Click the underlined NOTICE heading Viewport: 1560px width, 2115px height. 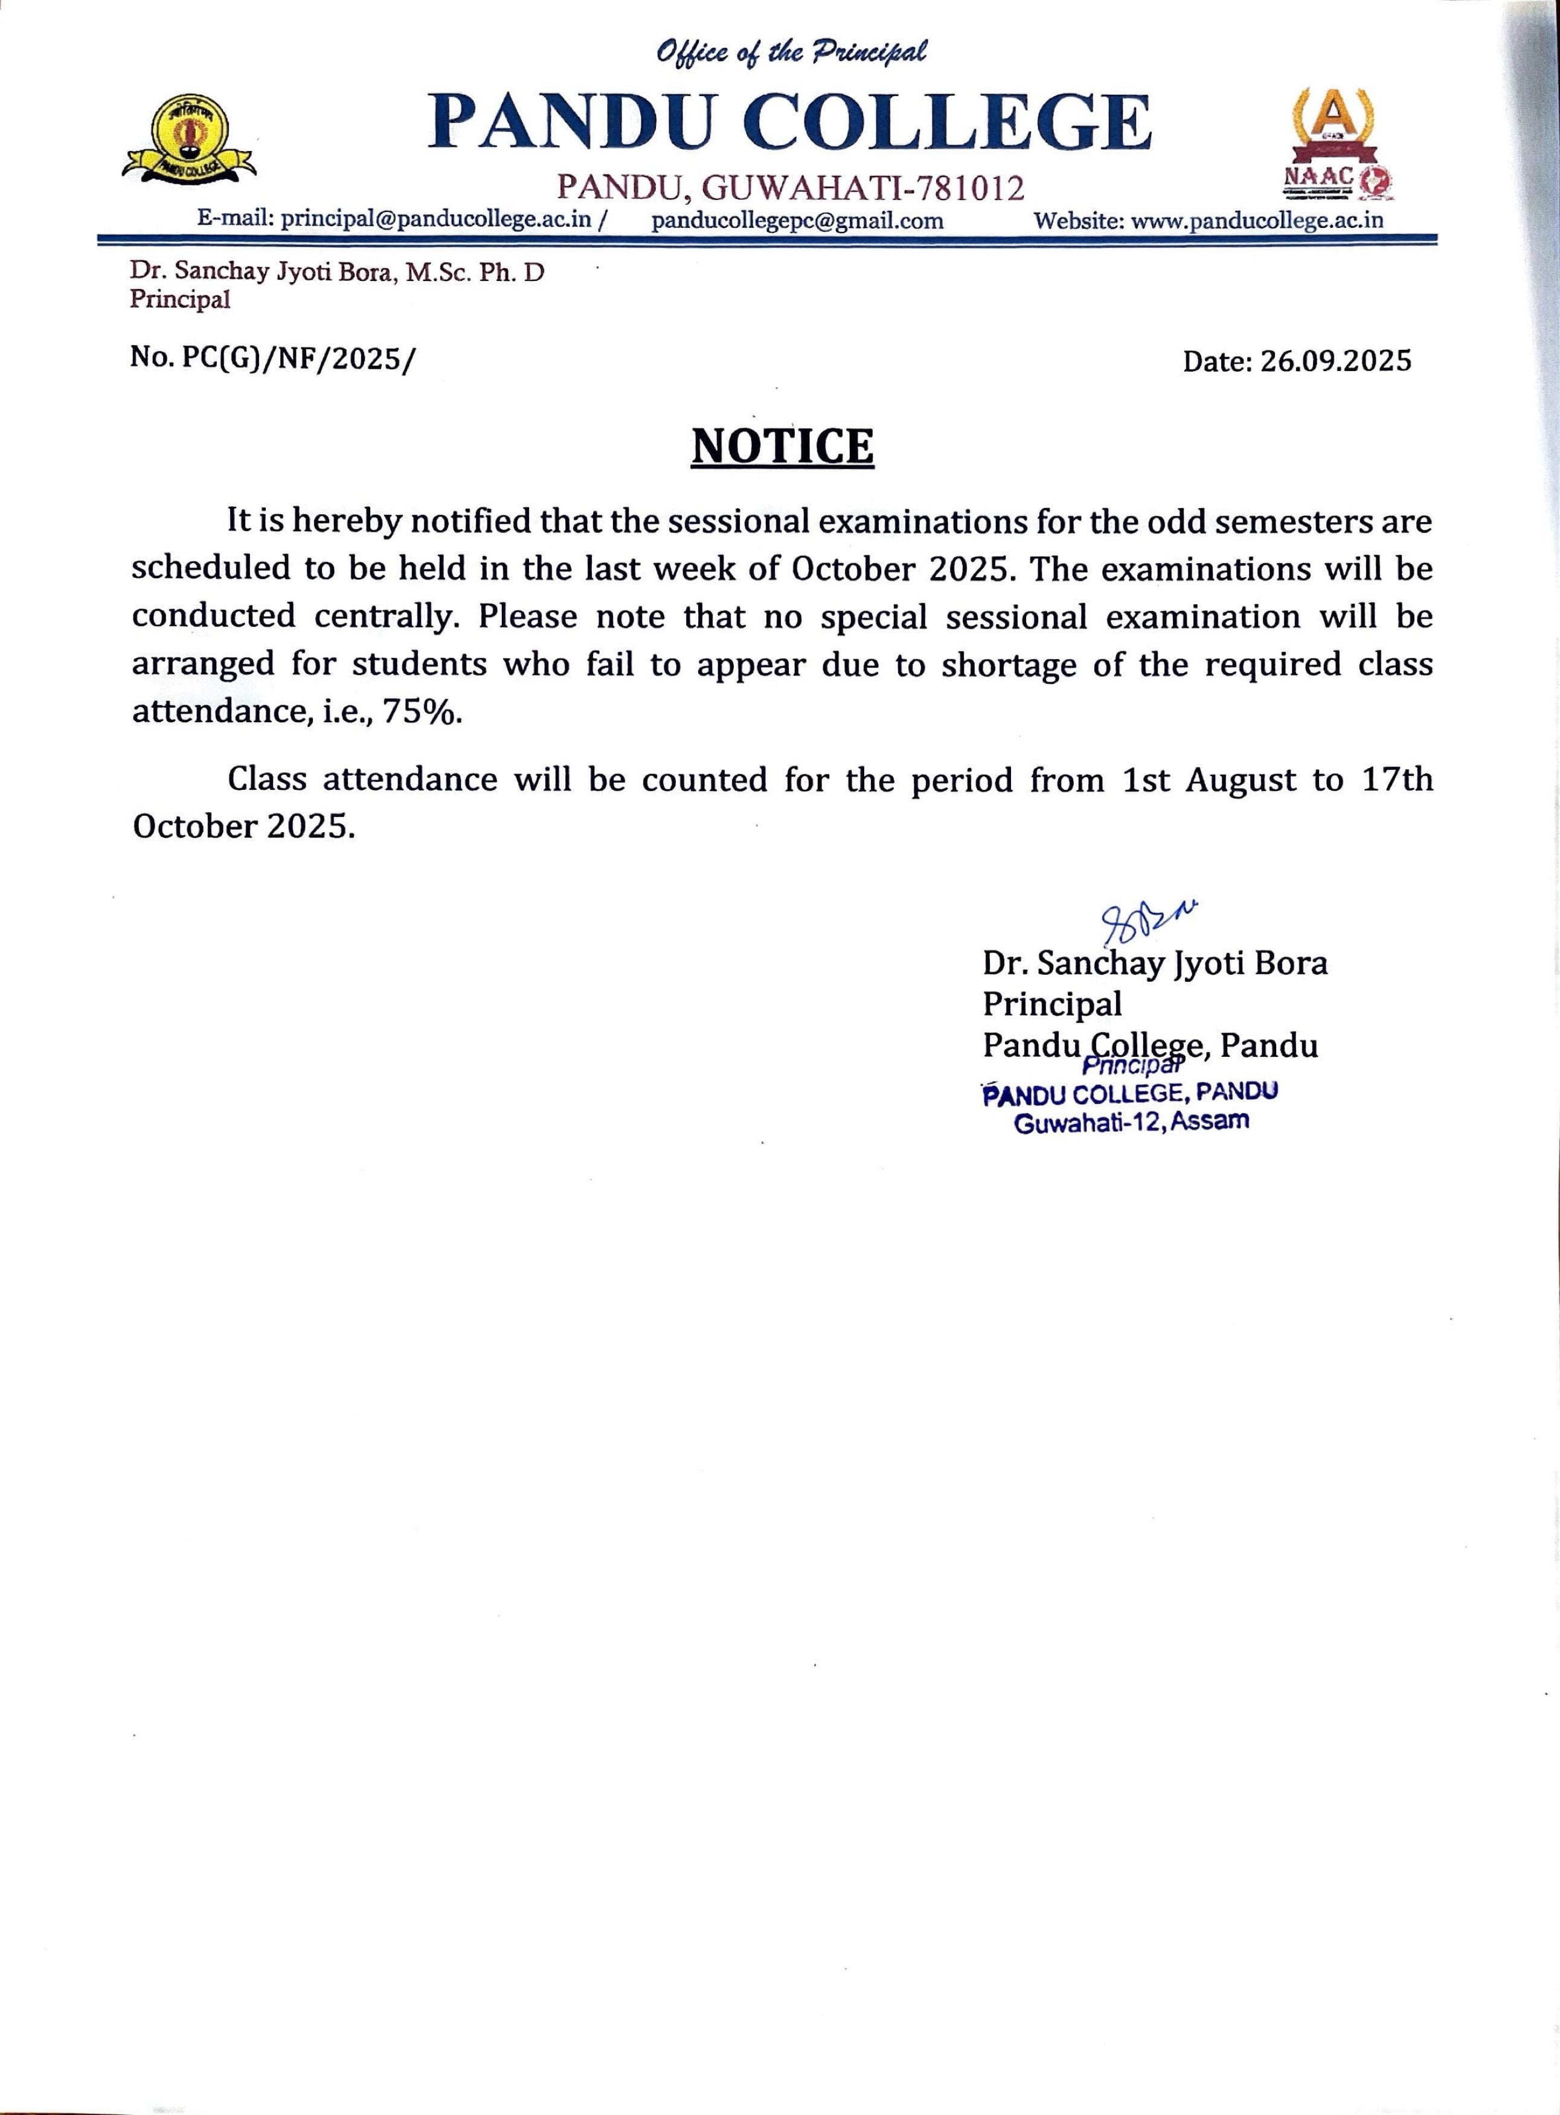tap(782, 447)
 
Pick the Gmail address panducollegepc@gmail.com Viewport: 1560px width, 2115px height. tap(797, 221)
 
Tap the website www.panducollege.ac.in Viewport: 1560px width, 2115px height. tap(1257, 221)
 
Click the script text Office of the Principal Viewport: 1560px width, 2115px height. tap(791, 52)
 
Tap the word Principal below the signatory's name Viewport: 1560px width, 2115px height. tap(1052, 1003)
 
